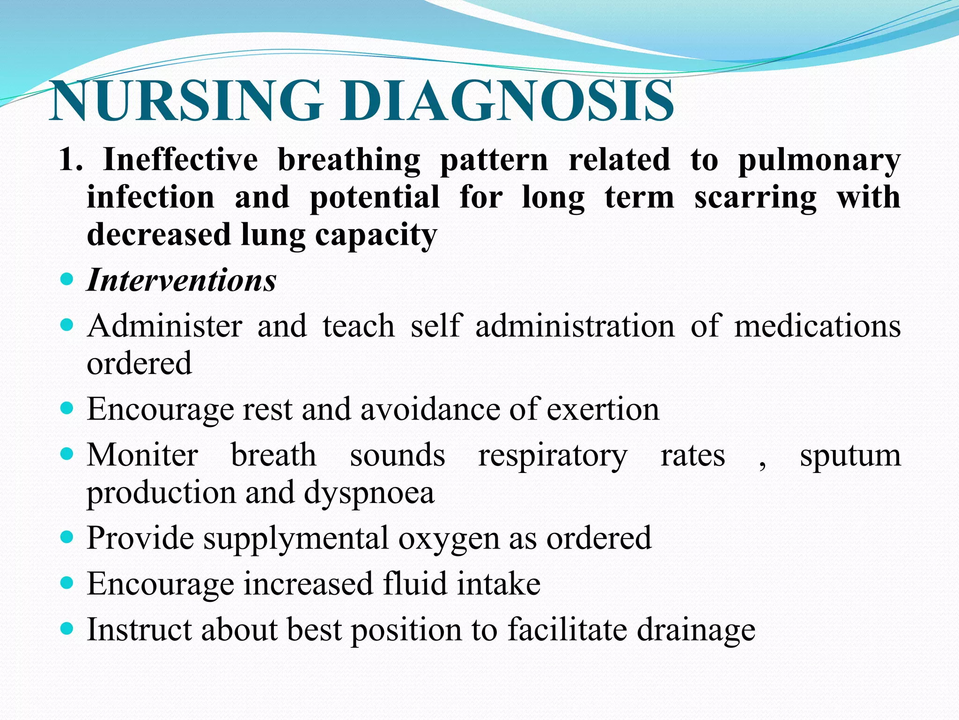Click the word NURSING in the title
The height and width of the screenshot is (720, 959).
point(187,101)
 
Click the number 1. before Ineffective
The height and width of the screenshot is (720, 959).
point(71,160)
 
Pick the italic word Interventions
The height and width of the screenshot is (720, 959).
point(182,280)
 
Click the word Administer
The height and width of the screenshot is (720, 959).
point(165,326)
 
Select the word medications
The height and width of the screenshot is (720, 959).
point(817,326)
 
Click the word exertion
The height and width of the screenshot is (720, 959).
point(603,409)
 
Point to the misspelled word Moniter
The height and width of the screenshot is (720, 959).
point(143,455)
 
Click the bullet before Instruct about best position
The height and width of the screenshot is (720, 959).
point(67,628)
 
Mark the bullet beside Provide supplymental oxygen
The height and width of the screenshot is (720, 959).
point(67,537)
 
